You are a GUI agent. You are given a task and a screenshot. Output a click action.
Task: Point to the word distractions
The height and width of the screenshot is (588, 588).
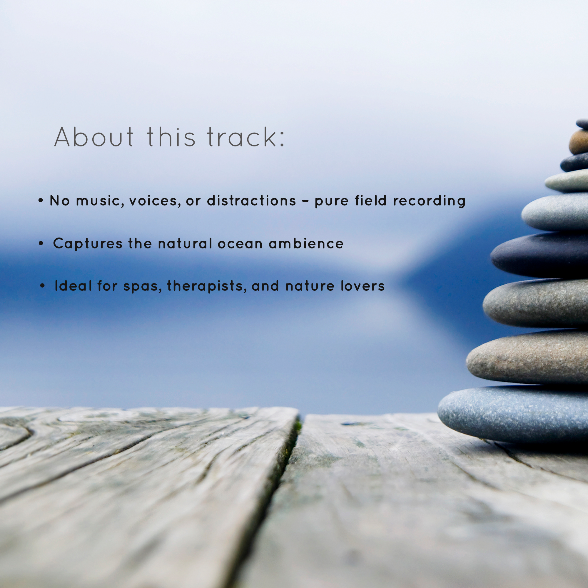[x=251, y=201]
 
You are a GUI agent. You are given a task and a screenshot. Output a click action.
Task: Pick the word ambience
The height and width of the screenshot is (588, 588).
[x=306, y=243]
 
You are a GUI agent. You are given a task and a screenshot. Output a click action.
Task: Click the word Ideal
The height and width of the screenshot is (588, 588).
[x=73, y=286]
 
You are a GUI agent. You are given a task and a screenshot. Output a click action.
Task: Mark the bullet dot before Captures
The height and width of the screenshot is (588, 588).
[x=41, y=243]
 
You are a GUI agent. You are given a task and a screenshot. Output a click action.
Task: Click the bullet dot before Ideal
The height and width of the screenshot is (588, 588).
[x=43, y=286]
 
